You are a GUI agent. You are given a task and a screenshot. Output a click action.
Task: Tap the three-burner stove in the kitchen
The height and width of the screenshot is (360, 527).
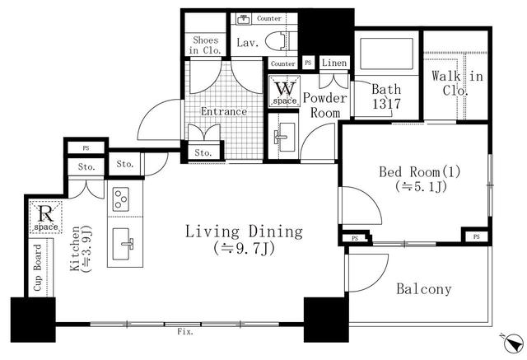point(121,199)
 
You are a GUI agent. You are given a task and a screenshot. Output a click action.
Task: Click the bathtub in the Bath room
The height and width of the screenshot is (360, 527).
point(386,54)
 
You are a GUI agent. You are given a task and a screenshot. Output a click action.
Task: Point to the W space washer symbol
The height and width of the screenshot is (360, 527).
point(285,91)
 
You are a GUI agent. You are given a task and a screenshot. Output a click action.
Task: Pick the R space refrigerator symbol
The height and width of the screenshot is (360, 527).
point(46,217)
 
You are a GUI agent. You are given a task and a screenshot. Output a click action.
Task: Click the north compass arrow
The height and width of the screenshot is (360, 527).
point(514,344)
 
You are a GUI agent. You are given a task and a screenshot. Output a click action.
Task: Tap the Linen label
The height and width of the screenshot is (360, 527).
point(334,63)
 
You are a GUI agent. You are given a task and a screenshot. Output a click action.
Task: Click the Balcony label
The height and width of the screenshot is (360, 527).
point(423,289)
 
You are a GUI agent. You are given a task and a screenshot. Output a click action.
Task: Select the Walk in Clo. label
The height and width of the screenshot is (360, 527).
point(457,82)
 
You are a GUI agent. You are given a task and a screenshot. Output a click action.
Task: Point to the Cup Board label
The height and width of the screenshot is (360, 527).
point(38,268)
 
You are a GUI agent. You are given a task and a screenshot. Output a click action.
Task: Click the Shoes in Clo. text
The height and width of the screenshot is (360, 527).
point(205,45)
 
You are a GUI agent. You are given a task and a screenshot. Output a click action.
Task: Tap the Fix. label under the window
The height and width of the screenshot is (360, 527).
point(185,332)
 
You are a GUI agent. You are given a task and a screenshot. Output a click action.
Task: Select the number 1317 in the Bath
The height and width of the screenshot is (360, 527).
point(386,104)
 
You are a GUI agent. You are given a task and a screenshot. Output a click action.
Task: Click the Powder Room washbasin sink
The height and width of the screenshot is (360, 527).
point(284,137)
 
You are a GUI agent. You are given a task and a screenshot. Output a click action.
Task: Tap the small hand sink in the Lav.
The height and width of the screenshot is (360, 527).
point(243,19)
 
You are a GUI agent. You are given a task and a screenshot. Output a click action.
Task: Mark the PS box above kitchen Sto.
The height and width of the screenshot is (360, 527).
point(86,148)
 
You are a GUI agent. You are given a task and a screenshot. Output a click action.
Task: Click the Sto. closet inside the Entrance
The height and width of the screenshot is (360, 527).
point(203,152)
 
